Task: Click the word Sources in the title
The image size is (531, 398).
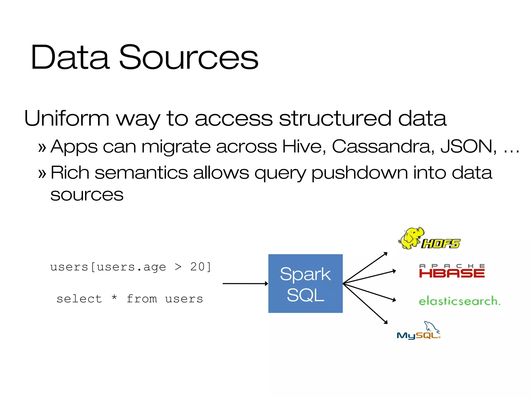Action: pyautogui.click(x=188, y=57)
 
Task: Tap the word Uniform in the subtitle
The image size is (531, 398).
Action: pyautogui.click(x=67, y=118)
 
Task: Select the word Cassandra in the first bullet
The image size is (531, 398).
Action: pyautogui.click(x=383, y=146)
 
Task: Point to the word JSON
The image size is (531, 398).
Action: pyautogui.click(x=468, y=146)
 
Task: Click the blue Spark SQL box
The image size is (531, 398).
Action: pyautogui.click(x=305, y=283)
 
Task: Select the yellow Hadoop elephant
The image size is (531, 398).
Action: pyautogui.click(x=410, y=238)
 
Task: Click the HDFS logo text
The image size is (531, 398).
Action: pyautogui.click(x=441, y=244)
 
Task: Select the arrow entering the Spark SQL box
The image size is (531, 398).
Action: pyautogui.click(x=245, y=283)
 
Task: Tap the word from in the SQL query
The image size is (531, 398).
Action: pyautogui.click(x=142, y=299)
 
